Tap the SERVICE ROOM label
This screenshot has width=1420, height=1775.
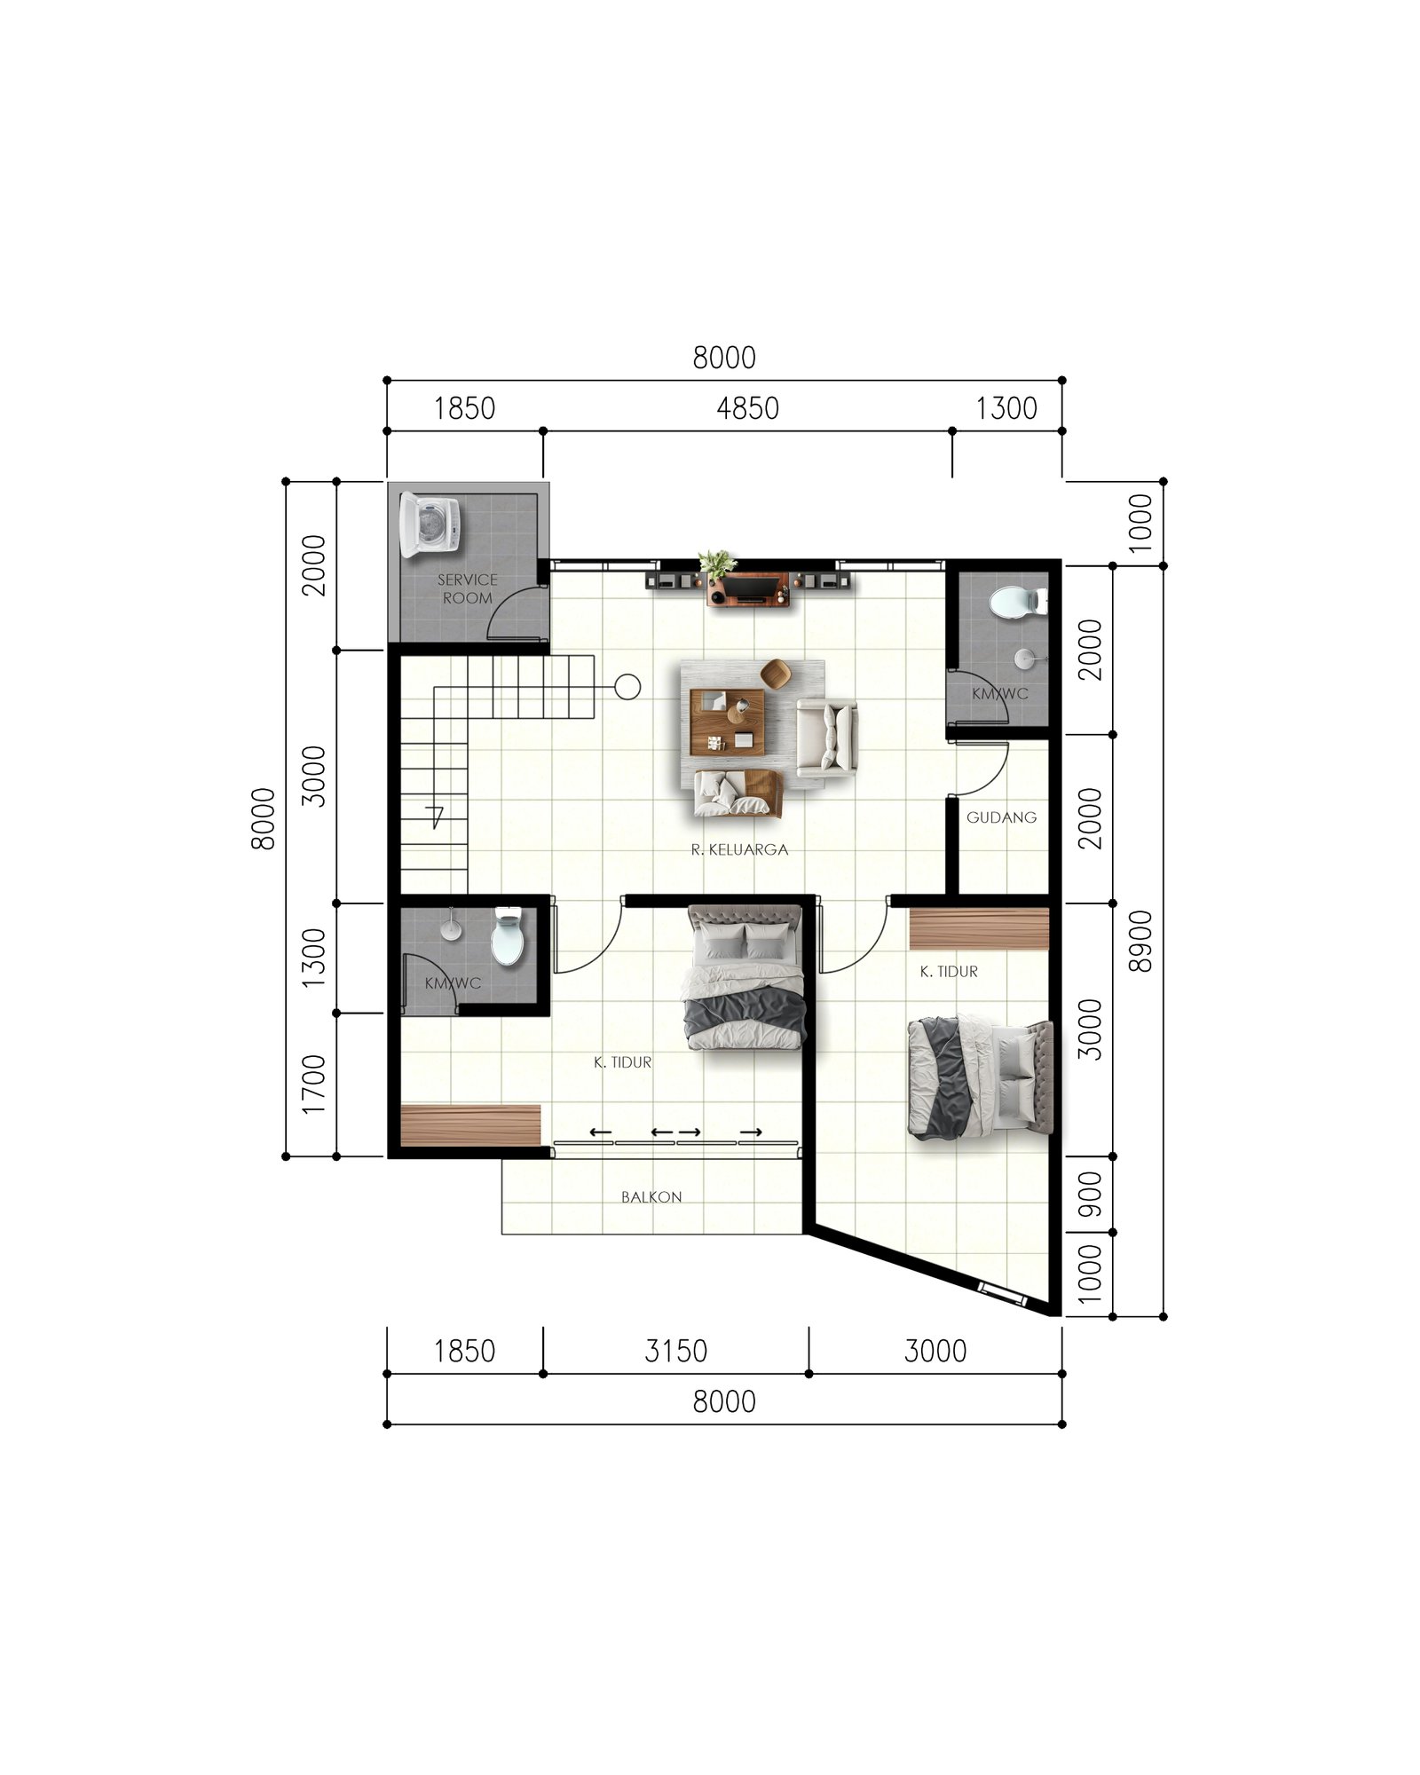(467, 588)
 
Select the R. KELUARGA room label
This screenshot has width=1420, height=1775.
(739, 849)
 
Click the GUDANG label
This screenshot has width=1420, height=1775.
(1001, 817)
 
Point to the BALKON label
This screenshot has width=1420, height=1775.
(651, 1197)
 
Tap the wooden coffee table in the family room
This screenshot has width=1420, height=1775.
(727, 722)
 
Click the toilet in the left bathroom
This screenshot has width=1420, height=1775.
(508, 937)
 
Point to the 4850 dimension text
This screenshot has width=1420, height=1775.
(747, 408)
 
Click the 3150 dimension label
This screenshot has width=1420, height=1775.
(675, 1351)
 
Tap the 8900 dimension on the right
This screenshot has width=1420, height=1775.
(1140, 941)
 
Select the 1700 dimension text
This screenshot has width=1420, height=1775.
(313, 1085)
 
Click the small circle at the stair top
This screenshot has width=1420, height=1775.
(627, 687)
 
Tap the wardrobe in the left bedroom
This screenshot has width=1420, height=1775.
(470, 1125)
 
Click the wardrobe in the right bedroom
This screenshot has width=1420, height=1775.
(979, 928)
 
